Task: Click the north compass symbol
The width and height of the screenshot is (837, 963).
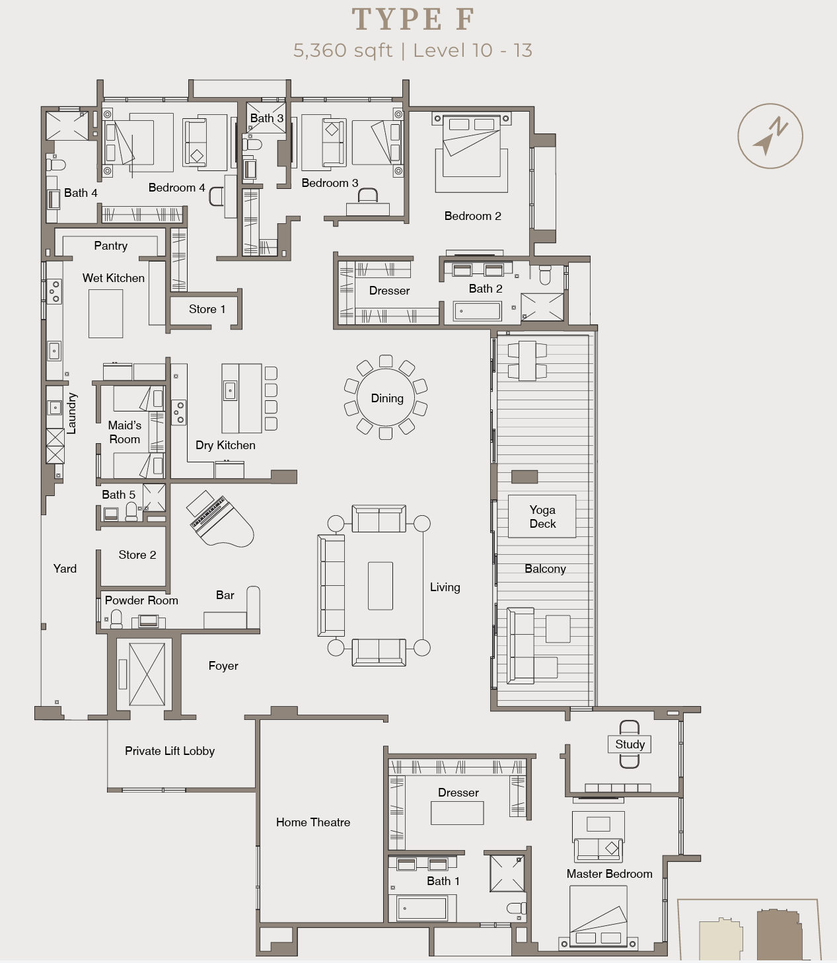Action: click(x=770, y=135)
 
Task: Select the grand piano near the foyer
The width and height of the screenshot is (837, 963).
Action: click(x=221, y=519)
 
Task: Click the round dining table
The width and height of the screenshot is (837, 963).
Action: click(x=386, y=398)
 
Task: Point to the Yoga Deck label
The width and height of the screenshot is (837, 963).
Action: click(x=542, y=517)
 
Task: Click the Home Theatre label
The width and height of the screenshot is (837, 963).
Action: click(x=313, y=822)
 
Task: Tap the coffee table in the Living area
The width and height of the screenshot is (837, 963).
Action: click(x=381, y=586)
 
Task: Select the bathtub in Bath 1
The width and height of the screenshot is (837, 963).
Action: click(x=421, y=908)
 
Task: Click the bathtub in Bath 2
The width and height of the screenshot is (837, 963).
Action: click(x=477, y=310)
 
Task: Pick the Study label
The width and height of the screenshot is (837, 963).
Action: click(x=630, y=744)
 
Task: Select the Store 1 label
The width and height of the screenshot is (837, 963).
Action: click(x=207, y=309)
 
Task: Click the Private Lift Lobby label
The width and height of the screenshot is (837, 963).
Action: click(x=170, y=751)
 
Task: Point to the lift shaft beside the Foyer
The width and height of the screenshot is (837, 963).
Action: click(x=147, y=674)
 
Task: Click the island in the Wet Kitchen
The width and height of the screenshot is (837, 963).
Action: click(x=106, y=314)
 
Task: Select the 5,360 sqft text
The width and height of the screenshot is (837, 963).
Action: click(x=343, y=51)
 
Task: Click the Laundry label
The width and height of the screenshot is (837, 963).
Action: click(x=72, y=413)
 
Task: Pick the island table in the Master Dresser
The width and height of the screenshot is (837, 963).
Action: click(x=457, y=813)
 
